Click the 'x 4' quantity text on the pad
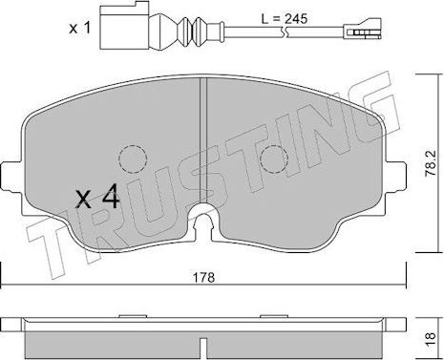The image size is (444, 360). tap(96, 200)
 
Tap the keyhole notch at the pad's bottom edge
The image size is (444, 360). tap(205, 225)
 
